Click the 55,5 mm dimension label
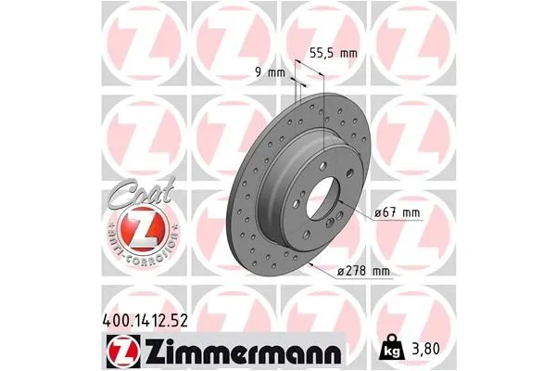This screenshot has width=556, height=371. pos(331,54)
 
